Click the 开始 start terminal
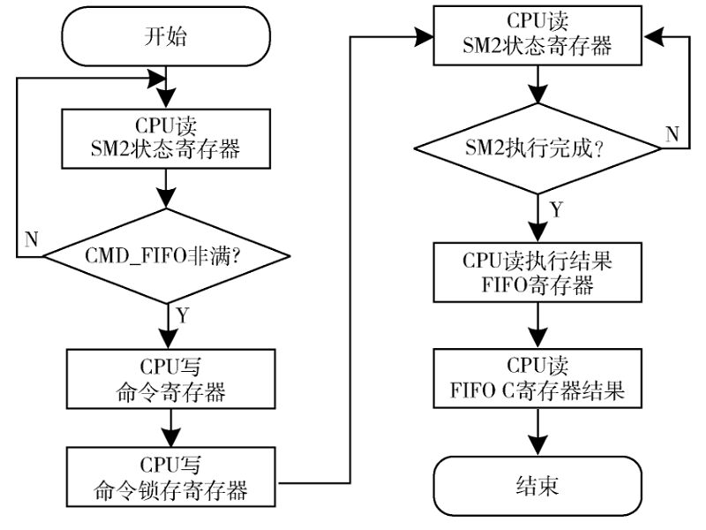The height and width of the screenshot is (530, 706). pyautogui.click(x=166, y=37)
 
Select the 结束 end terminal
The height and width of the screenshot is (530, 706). pyautogui.click(x=537, y=485)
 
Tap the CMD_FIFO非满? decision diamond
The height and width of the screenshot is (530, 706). pyautogui.click(x=166, y=257)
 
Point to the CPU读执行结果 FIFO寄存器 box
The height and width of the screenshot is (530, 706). pyautogui.click(x=537, y=274)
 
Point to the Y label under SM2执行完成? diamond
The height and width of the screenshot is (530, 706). pyautogui.click(x=555, y=209)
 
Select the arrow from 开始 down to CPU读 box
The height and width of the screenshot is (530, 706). pyautogui.click(x=166, y=87)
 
